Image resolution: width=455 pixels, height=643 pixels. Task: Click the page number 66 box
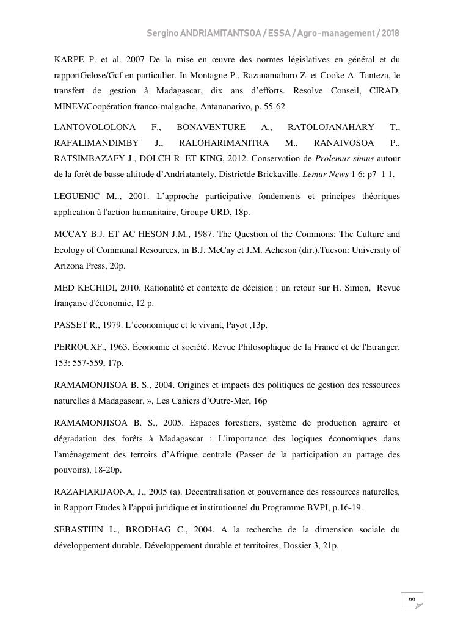(x=412, y=600)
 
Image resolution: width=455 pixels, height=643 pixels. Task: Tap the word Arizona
(x=69, y=266)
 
